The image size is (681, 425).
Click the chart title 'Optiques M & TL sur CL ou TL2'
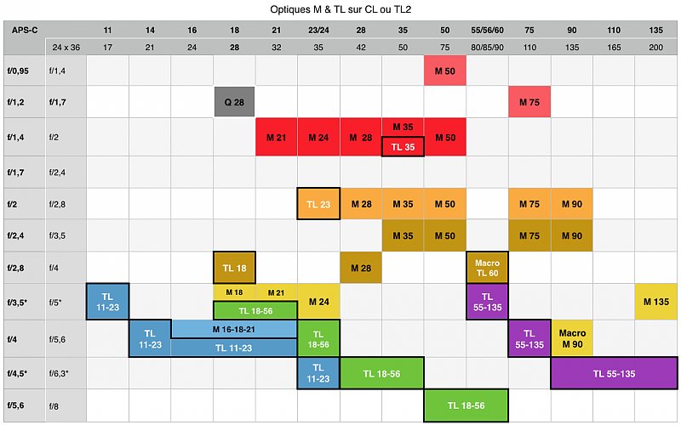coord(340,10)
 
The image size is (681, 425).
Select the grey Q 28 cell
coord(234,102)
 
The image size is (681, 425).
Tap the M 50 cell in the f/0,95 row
coord(445,69)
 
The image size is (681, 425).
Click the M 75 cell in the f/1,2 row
coord(529,102)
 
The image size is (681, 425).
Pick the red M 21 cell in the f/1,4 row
coord(277,137)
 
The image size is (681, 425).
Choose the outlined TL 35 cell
coord(403,146)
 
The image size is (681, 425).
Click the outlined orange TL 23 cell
coord(318,204)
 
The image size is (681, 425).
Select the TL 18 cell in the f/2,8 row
coord(234,268)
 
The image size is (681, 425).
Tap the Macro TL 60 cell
coord(487,267)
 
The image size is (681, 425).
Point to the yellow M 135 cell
coord(656,301)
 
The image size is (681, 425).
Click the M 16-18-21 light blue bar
coord(234,328)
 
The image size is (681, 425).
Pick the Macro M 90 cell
coord(571,338)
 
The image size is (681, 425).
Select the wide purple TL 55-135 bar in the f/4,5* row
coord(614,373)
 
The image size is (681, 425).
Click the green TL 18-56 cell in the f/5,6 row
coord(466,405)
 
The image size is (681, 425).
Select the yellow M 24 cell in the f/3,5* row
coord(318,301)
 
